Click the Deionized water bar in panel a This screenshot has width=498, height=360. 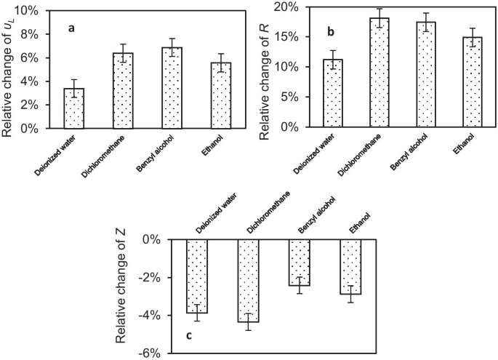pos(74,108)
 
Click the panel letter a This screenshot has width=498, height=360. pos(71,28)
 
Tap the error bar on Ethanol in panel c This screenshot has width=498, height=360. pos(351,294)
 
